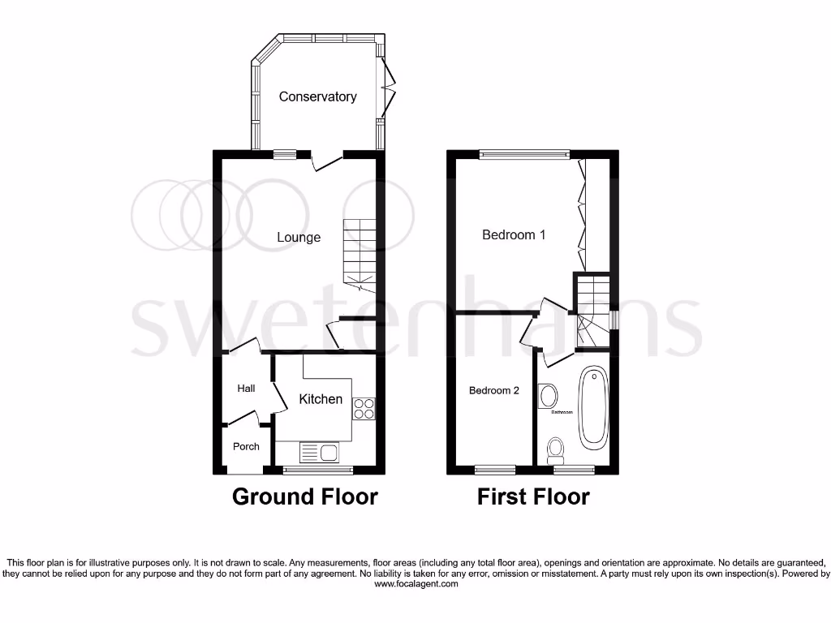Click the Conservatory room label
pos(317,97)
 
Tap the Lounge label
pos(299,238)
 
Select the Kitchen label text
pos(321,399)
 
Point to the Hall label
pos(246,389)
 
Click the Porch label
pos(246,446)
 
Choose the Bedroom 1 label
pos(514,235)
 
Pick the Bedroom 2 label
pos(494,390)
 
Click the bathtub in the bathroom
pos(593,409)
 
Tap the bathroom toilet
pos(557,448)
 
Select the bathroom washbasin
pos(549,396)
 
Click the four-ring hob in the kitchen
pos(364,409)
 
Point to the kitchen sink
pos(319,452)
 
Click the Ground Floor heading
pos(305,496)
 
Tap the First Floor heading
pos(533,496)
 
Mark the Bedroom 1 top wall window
pos(523,153)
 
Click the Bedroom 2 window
pos(495,469)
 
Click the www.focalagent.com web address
pos(415,584)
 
